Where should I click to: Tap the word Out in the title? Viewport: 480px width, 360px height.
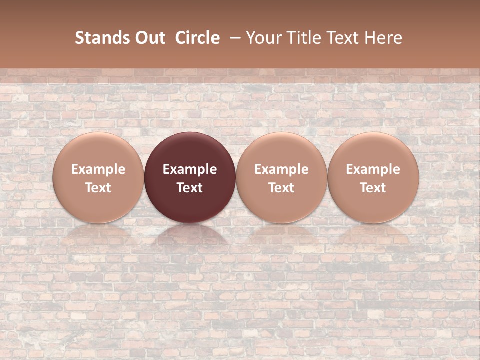point(149,38)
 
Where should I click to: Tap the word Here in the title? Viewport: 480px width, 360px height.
point(383,38)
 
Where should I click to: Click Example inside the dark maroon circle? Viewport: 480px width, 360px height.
point(190,169)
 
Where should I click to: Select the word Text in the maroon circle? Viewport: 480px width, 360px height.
point(190,188)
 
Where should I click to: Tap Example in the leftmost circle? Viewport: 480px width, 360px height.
point(98,169)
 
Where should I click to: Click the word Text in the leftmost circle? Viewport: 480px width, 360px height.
point(98,188)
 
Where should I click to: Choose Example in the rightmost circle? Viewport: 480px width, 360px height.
point(373,169)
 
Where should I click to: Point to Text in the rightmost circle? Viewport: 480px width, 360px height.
point(373,188)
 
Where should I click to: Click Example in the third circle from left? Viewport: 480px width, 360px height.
point(281,169)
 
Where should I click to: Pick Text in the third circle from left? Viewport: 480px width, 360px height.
point(281,188)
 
